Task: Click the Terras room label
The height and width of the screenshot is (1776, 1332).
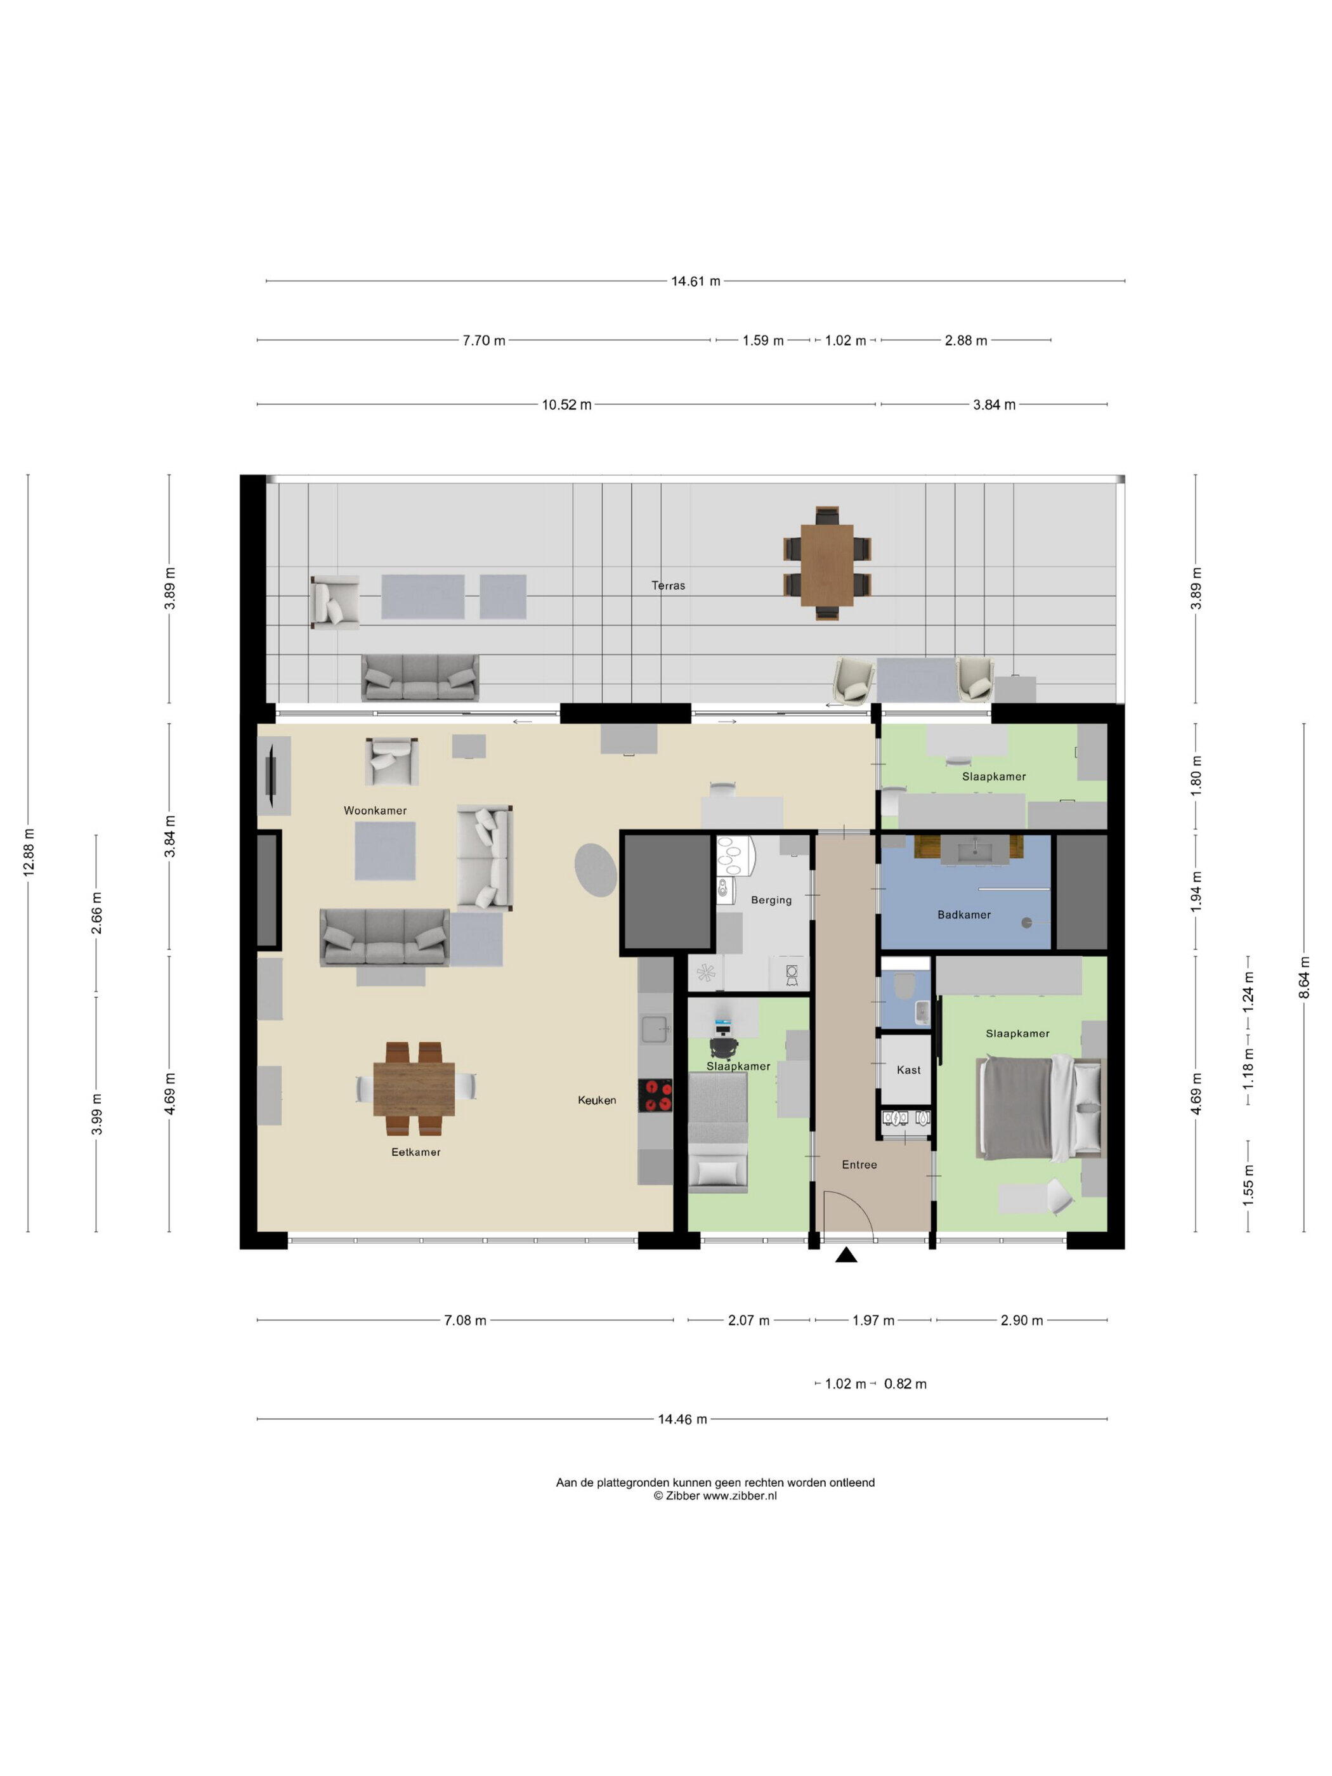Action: [x=668, y=585]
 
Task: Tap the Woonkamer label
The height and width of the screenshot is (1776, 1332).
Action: [x=375, y=810]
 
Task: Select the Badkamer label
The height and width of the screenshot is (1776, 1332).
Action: [x=963, y=915]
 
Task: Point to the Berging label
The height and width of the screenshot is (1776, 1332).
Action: [x=771, y=900]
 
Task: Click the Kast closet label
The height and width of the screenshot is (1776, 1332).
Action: [x=908, y=1069]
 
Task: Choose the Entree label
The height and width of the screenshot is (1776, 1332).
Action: [x=859, y=1164]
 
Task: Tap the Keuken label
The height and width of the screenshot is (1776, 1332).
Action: [x=597, y=1100]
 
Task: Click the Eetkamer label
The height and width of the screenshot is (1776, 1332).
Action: [x=416, y=1151]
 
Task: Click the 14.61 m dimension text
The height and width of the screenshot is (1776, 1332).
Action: [x=695, y=281]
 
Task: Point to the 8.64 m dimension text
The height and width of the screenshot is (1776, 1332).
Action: [x=1304, y=978]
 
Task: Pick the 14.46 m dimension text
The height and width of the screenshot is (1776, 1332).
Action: [x=682, y=1419]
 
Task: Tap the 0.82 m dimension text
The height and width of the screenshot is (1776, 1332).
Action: [x=905, y=1383]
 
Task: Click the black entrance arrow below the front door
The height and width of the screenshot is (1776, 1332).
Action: [x=846, y=1255]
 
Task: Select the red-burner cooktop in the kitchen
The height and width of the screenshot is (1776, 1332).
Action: [x=655, y=1095]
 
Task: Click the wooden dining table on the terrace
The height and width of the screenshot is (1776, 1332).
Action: [x=827, y=565]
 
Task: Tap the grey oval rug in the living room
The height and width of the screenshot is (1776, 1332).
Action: [x=596, y=870]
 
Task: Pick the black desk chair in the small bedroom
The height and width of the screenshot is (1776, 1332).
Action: [x=724, y=1047]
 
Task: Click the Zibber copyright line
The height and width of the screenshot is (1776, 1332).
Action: [x=715, y=1496]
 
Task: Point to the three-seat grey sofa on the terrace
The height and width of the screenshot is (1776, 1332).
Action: [x=420, y=677]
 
